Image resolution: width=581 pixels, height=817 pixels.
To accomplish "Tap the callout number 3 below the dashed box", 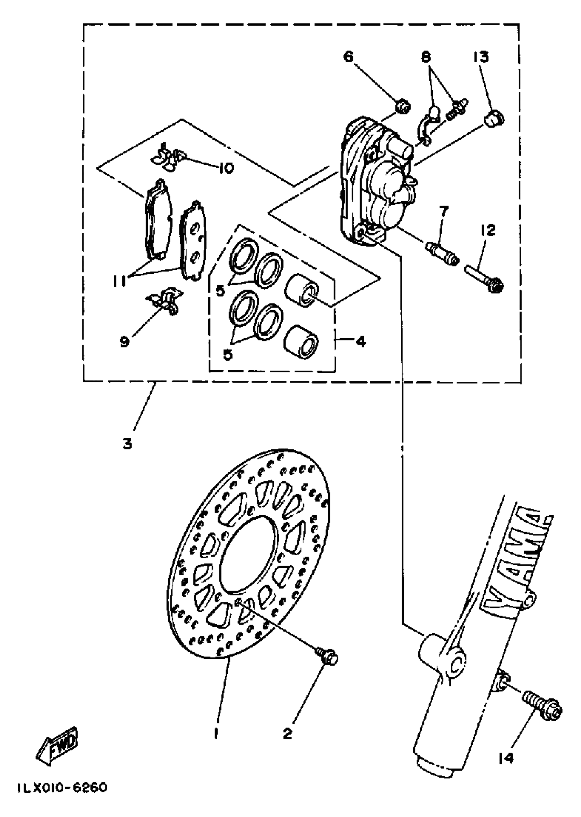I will point(128,444).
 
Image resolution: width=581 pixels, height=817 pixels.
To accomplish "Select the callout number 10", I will point(227,167).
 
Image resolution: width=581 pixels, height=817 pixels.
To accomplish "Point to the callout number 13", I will point(481,56).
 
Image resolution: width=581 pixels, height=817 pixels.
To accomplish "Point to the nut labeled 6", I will point(403,107).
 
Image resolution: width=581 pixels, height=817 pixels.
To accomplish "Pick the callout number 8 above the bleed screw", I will point(426,57).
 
